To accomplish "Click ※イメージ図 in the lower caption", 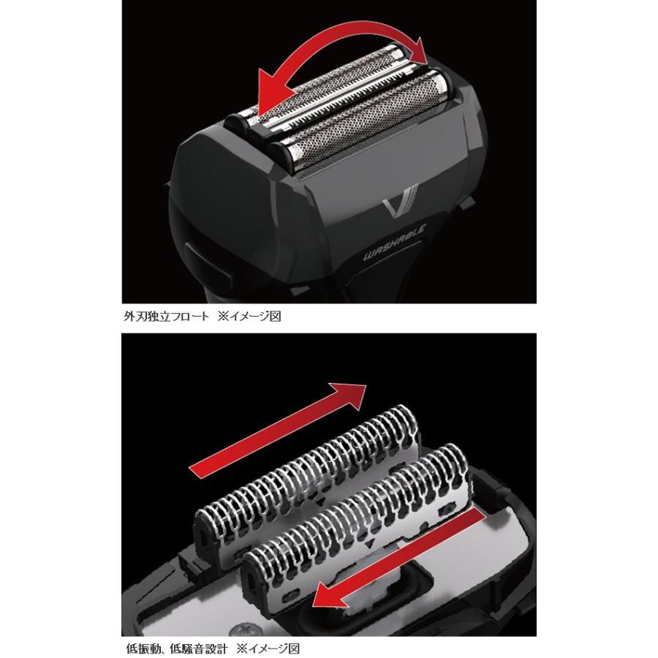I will pyautogui.click(x=272, y=647).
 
